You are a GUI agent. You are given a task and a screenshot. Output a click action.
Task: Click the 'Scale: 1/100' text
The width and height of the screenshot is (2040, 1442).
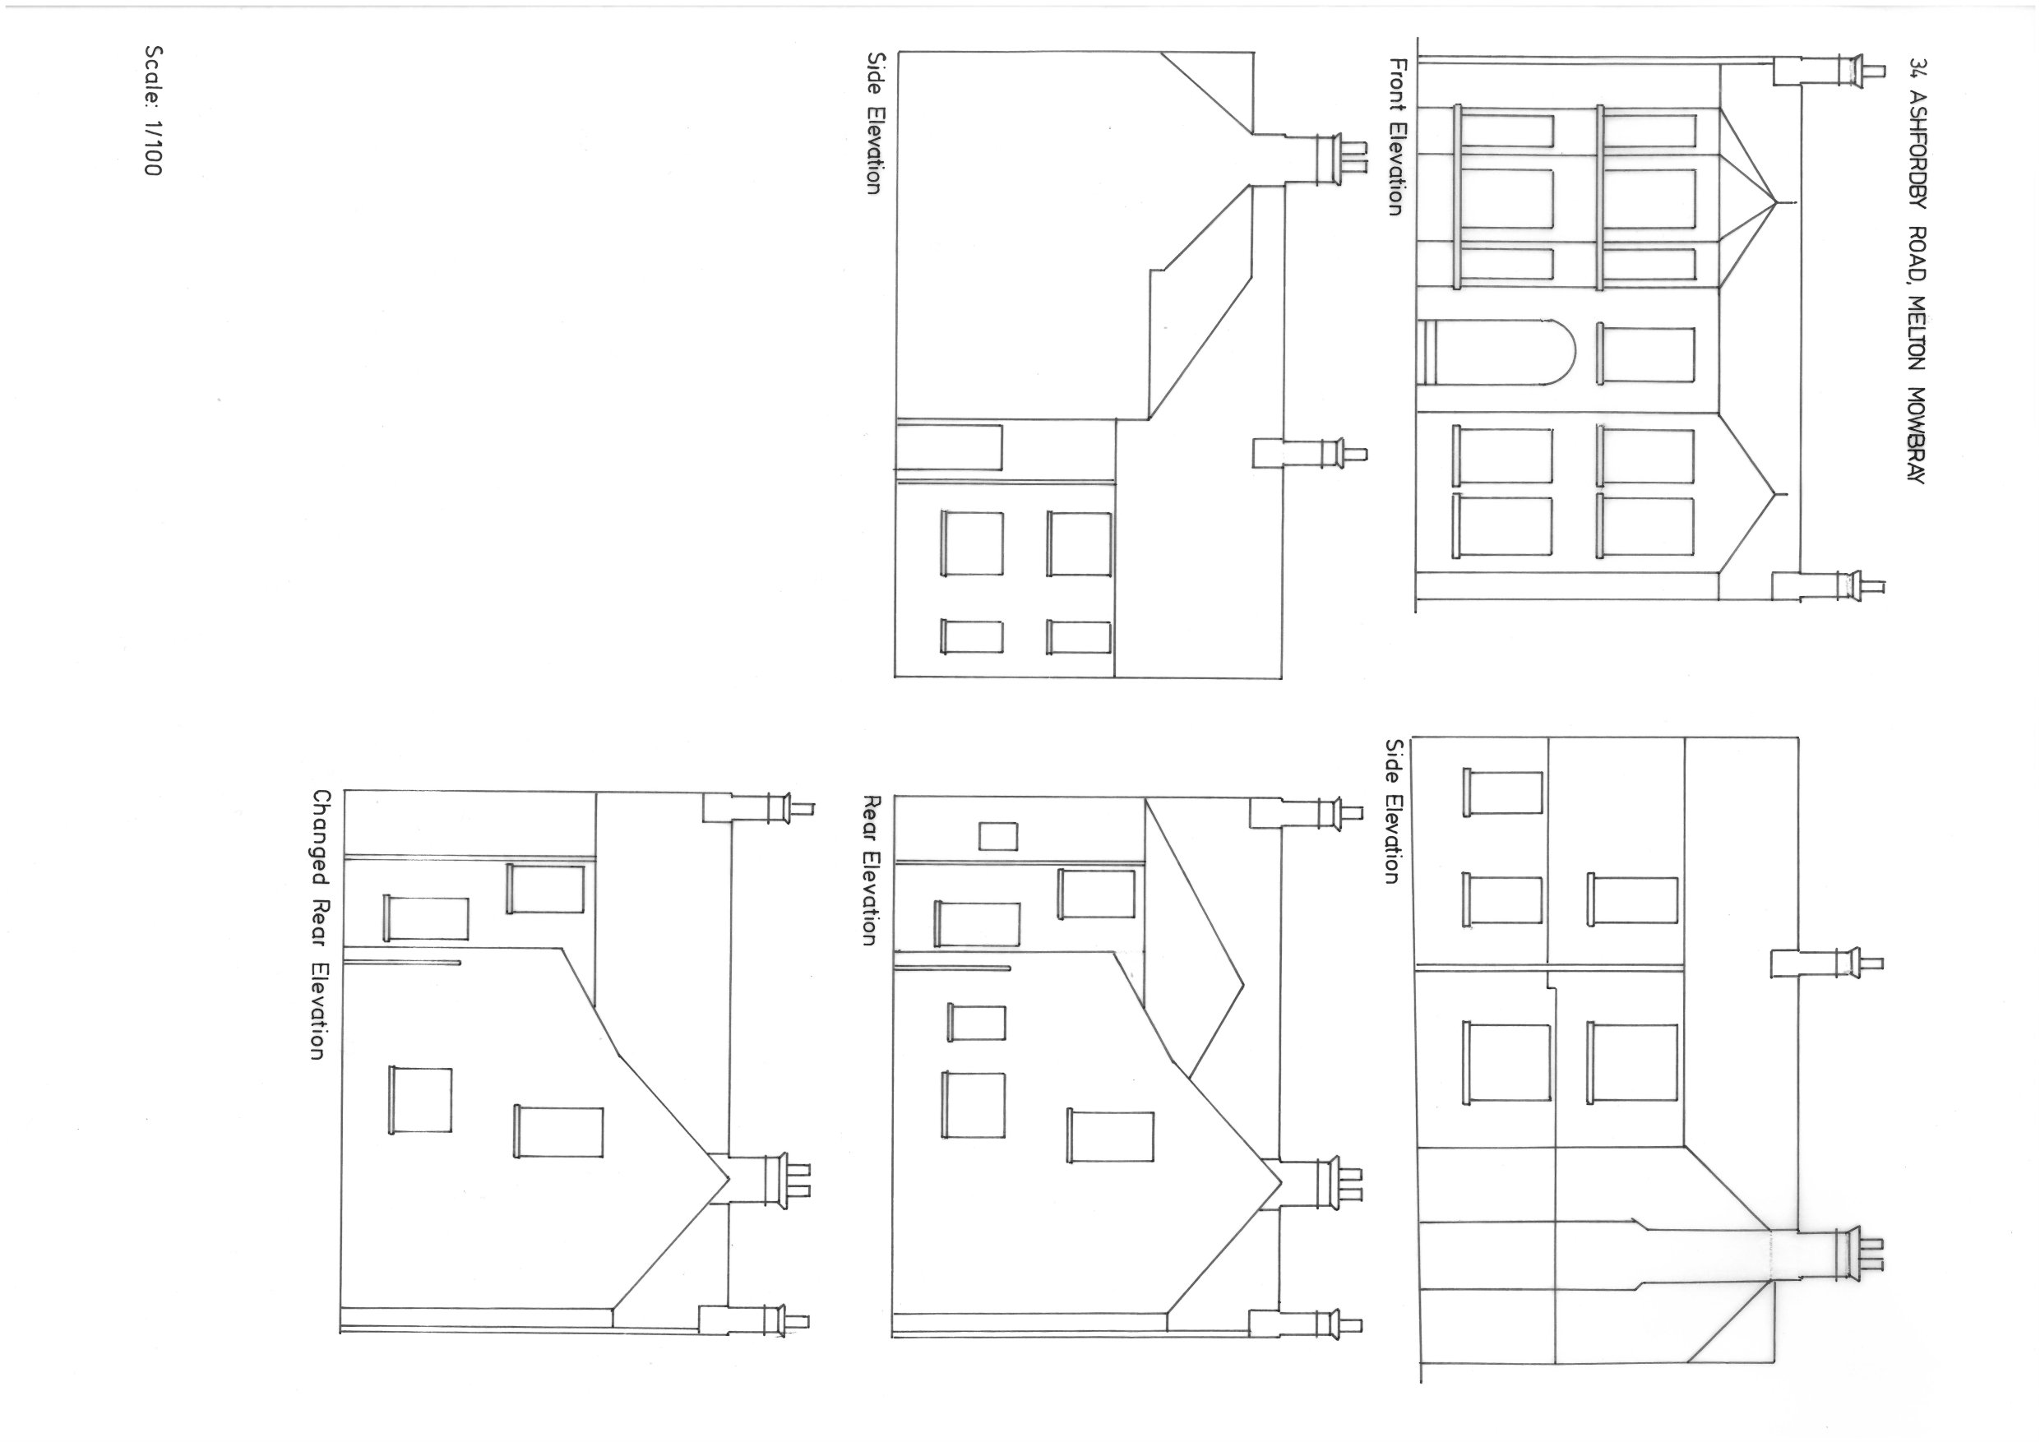tap(152, 111)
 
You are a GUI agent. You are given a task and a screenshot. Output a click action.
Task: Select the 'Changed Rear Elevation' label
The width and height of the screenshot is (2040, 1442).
tap(319, 925)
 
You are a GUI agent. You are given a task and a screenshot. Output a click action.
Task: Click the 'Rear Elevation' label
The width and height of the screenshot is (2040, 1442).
tap(872, 870)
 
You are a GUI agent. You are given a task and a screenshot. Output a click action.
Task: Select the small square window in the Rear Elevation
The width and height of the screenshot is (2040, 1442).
tap(997, 836)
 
